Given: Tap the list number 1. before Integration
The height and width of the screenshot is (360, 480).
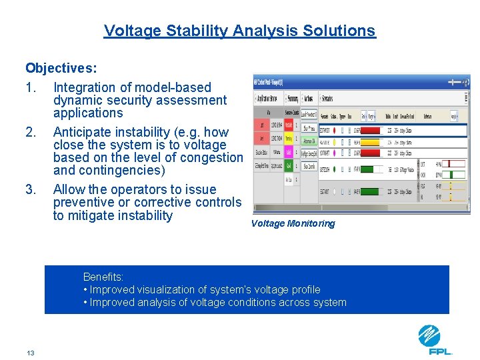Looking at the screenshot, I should [x=31, y=87].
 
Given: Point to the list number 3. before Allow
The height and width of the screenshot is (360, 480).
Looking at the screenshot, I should [x=31, y=190].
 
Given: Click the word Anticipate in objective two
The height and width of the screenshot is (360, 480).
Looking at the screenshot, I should [x=83, y=132].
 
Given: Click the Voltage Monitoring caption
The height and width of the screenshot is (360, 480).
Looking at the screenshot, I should [x=293, y=223].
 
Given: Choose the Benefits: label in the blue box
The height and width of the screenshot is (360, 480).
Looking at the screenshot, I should [x=103, y=277].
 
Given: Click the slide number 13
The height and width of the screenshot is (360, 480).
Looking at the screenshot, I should [x=31, y=353].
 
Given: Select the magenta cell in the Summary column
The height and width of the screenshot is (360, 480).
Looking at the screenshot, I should [x=289, y=153].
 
